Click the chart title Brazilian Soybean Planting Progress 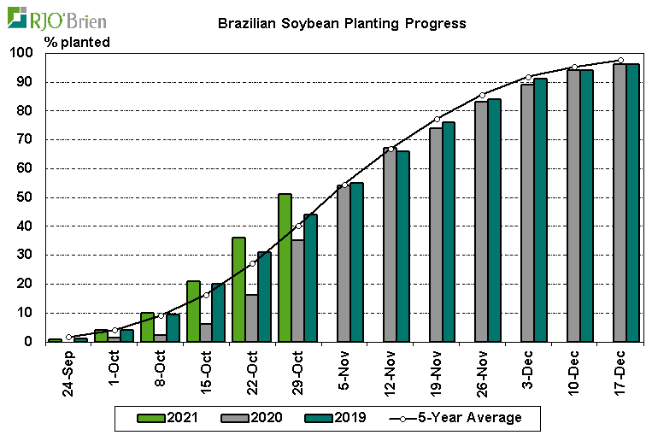[x=342, y=24]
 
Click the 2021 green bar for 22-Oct [x=238, y=289]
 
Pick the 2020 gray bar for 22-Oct [x=251, y=318]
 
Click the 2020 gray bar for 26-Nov [x=481, y=221]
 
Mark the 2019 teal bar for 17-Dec [x=632, y=203]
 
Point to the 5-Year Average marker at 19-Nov [x=437, y=119]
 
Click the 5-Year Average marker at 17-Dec [x=620, y=60]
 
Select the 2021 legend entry [x=167, y=418]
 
